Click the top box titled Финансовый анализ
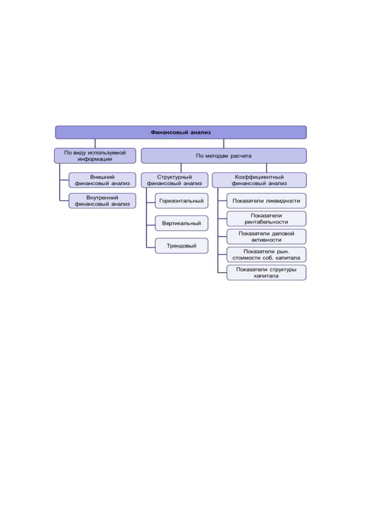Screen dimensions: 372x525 point(181,132)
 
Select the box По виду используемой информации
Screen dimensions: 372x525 point(95,156)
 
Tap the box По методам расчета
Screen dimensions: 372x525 point(224,156)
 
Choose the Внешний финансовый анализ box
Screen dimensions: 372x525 point(102,180)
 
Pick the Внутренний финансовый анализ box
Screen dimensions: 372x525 point(102,201)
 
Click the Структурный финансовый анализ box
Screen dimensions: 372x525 point(175,180)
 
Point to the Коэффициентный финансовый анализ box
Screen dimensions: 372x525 point(259,180)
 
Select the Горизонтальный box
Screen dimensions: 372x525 point(181,201)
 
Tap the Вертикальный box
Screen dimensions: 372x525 point(181,223)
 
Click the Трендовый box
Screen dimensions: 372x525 point(181,246)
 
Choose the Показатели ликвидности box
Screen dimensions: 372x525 point(266,201)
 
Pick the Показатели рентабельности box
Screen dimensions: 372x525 point(266,219)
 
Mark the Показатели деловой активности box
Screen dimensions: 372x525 point(266,237)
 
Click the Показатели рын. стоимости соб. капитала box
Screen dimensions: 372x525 point(266,254)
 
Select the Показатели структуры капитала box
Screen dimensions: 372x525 point(266,272)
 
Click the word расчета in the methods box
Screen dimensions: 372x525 point(241,156)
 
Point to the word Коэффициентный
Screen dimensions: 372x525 point(259,177)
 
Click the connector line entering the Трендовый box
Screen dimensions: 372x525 point(151,247)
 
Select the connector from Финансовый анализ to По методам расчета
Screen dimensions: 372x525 point(224,143)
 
